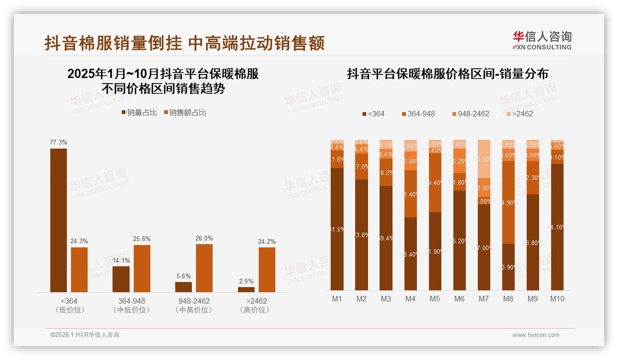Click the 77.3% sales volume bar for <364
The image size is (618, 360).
[x=59, y=220]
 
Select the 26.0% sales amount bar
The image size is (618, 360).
[x=204, y=268]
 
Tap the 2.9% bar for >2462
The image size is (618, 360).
[x=246, y=289]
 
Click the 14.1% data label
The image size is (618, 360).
[x=121, y=261]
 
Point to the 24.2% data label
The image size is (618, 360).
[x=267, y=241]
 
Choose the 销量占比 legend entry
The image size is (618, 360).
[x=139, y=113]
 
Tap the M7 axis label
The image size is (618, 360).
[x=483, y=299]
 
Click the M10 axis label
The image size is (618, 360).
[x=557, y=299]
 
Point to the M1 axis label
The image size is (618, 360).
[x=337, y=299]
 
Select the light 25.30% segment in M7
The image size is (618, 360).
[x=484, y=159]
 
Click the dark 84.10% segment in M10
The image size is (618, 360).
[x=557, y=227]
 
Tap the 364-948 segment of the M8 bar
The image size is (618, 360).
[x=508, y=202]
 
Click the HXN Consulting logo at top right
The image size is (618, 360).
[x=542, y=41]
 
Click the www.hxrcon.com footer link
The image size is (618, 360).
[x=536, y=335]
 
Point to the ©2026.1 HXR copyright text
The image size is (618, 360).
[x=85, y=335]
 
